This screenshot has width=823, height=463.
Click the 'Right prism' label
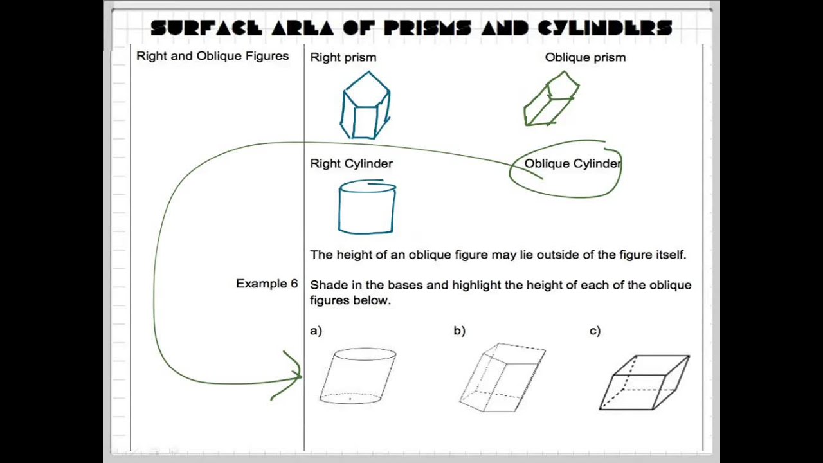[343, 57]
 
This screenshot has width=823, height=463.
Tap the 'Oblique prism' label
[585, 57]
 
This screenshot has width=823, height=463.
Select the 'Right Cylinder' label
[351, 163]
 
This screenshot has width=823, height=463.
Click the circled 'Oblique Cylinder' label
[572, 164]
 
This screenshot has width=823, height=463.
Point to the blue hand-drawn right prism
[365, 106]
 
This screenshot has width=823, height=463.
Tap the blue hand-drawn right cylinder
[366, 207]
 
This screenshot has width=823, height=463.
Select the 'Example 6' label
[267, 284]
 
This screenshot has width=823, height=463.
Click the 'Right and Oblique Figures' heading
[212, 56]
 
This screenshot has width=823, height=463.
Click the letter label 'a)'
[316, 331]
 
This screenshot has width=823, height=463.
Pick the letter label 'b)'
[459, 331]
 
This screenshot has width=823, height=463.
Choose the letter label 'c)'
[595, 331]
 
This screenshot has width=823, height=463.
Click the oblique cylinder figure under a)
[358, 376]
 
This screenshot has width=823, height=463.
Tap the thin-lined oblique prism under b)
[503, 377]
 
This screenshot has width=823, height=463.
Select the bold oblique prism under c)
[645, 382]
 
